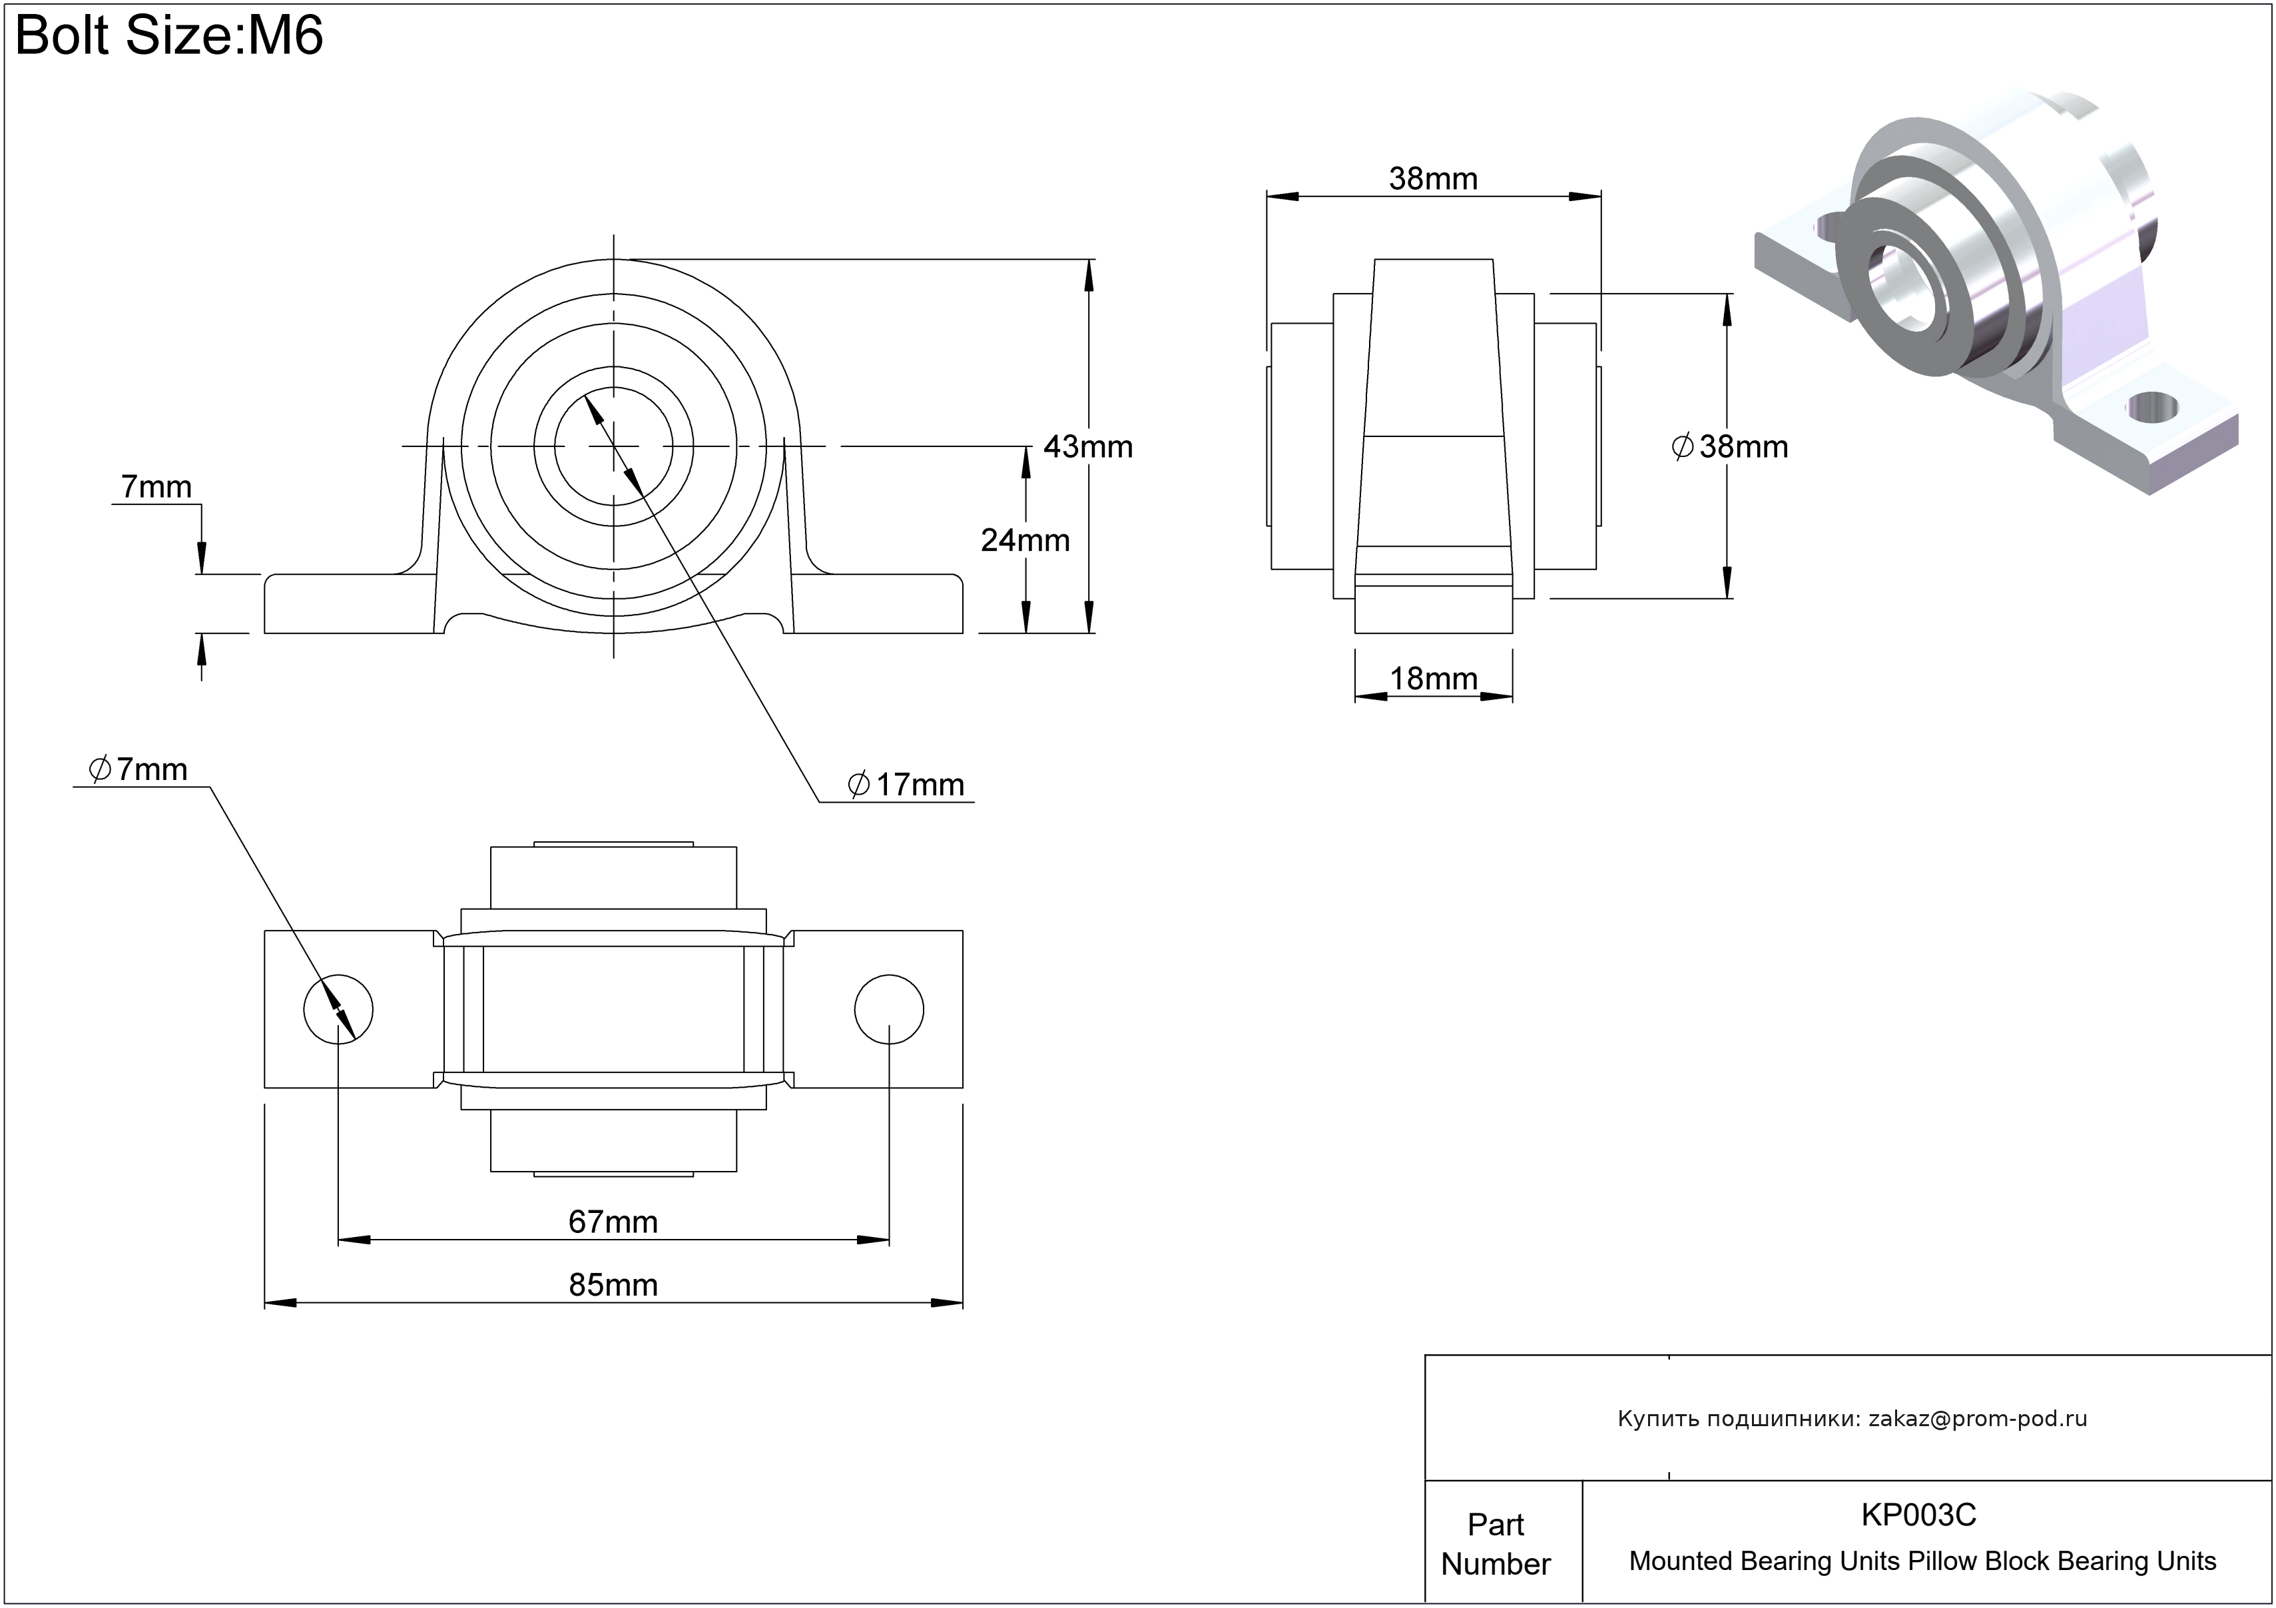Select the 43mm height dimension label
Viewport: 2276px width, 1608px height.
[x=1087, y=447]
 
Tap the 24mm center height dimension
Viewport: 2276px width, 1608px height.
[x=1025, y=540]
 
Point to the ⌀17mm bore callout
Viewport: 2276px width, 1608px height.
[x=906, y=785]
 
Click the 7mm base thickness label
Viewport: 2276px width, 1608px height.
[x=156, y=487]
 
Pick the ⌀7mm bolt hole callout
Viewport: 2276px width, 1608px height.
[x=138, y=769]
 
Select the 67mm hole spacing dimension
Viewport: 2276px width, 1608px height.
[x=613, y=1222]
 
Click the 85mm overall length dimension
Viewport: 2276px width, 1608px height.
[x=613, y=1285]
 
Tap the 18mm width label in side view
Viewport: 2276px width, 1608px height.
[x=1434, y=679]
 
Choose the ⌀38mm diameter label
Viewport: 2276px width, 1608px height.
[x=1730, y=447]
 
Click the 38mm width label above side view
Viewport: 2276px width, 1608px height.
[x=1434, y=179]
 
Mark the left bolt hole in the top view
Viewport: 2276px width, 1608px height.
[x=338, y=1009]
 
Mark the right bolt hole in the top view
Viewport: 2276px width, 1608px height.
[x=889, y=1009]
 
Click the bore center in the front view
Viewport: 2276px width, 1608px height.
[x=613, y=446]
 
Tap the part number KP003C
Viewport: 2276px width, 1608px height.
[x=1918, y=1515]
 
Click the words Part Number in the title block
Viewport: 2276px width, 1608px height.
[x=1495, y=1543]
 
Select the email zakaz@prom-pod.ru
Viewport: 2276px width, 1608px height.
[x=1978, y=1419]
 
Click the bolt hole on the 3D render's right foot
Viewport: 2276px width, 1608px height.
[x=2152, y=404]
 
